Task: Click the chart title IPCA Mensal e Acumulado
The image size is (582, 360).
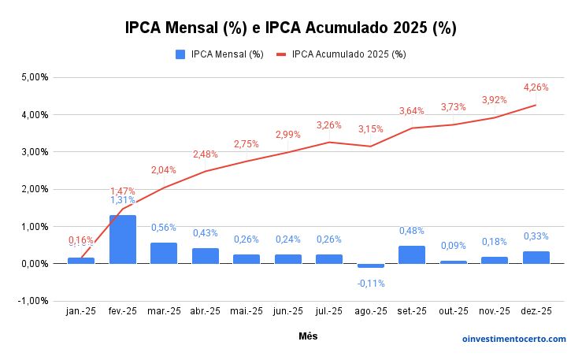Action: (291, 28)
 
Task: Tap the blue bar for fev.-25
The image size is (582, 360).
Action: (123, 239)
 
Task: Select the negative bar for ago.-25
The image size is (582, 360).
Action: (370, 266)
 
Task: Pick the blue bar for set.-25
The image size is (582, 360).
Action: (412, 254)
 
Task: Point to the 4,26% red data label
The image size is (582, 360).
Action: (536, 87)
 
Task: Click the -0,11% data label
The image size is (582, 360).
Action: (370, 283)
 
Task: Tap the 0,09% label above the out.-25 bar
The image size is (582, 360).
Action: (453, 246)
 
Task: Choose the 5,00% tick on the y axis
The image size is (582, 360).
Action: (34, 78)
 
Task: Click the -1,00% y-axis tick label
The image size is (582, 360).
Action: (33, 301)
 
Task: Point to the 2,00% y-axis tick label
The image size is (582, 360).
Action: (34, 189)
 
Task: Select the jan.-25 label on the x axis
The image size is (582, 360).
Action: (81, 312)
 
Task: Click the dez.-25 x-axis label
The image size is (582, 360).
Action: (536, 312)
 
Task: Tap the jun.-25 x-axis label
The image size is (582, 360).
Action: (287, 312)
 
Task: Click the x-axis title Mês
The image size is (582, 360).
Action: (309, 336)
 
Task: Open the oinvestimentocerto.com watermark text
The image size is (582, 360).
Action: (513, 339)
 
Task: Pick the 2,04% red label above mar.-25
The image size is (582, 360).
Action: (164, 169)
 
